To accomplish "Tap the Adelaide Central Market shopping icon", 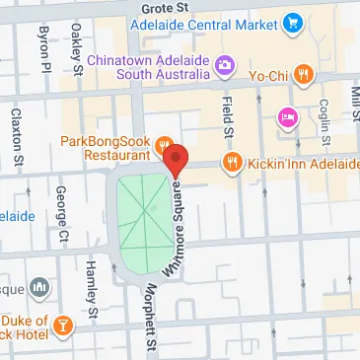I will point(293,21).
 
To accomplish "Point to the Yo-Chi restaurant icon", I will point(304,72).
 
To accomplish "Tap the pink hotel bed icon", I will point(288,116).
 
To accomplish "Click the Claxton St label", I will point(16,133).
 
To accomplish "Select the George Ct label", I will point(61,216).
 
